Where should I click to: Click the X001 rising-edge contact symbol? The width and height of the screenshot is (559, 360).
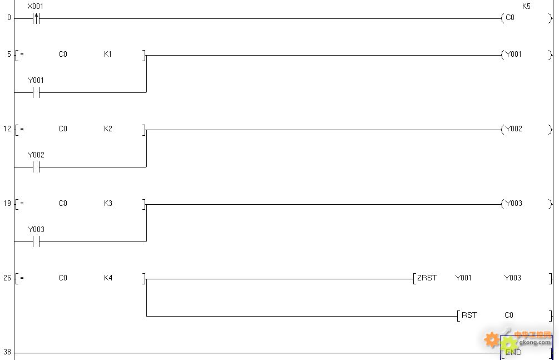coord(36,18)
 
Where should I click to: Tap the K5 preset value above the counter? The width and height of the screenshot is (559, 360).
coord(526,6)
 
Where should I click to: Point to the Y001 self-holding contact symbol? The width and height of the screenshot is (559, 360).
coord(36,93)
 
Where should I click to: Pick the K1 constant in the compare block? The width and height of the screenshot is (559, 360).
coord(108,54)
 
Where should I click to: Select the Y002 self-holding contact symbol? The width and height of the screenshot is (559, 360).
coord(36,167)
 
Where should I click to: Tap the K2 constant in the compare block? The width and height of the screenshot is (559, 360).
coord(108,129)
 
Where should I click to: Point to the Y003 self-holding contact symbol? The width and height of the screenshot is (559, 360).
coord(36,241)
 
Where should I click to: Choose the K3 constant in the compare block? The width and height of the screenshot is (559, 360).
coord(108,204)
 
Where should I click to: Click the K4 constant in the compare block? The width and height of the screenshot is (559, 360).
coord(108,278)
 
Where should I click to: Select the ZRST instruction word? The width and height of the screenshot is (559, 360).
coord(427,278)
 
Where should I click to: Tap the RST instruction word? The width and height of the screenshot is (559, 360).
coord(469,315)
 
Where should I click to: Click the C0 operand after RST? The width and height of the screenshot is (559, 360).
coord(509,315)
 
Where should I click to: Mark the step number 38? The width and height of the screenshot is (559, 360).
coord(7,352)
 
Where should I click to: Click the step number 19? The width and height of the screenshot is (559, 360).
coord(7,204)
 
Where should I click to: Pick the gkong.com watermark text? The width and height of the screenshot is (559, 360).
coord(535,343)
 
